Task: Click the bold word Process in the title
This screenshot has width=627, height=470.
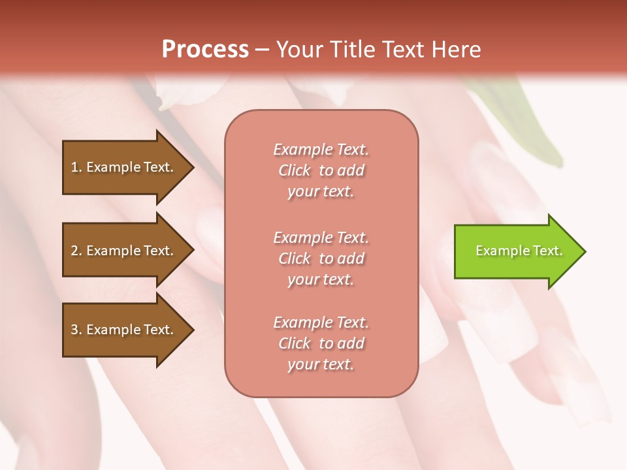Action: point(205,50)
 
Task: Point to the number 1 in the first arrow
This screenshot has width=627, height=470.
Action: point(74,167)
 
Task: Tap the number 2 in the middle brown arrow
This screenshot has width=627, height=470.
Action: point(74,251)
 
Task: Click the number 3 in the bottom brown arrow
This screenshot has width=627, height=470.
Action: point(74,330)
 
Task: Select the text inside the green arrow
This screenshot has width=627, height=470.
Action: point(519,251)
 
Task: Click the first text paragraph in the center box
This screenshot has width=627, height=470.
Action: point(321,170)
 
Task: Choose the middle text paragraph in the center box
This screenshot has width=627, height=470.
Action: point(321,258)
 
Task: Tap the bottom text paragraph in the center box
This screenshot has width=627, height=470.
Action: point(321,343)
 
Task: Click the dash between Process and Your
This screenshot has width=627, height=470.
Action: point(262,50)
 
